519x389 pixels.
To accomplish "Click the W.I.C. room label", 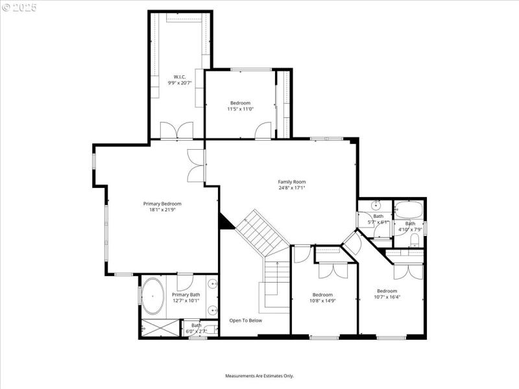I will coord(180,77).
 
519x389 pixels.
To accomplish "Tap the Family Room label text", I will coord(292,182).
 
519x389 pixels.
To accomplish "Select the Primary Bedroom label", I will coord(162,204).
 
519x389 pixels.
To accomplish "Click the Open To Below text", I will coord(246,320).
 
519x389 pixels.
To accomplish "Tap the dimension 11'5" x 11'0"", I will coord(240,109).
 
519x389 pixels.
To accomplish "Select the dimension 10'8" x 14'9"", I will coord(322,300).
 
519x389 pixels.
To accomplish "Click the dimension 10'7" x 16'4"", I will coord(387,297).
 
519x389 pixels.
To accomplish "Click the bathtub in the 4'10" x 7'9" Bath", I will coord(409,209).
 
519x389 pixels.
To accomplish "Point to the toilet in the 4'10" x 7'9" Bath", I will coord(415,239).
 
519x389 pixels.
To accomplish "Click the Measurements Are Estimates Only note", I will coord(259,376).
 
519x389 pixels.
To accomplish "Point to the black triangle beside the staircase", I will coord(225,222).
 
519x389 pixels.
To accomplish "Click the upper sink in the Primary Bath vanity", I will coord(212,283).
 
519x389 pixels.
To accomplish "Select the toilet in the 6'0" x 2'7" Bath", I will coord(210,329).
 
